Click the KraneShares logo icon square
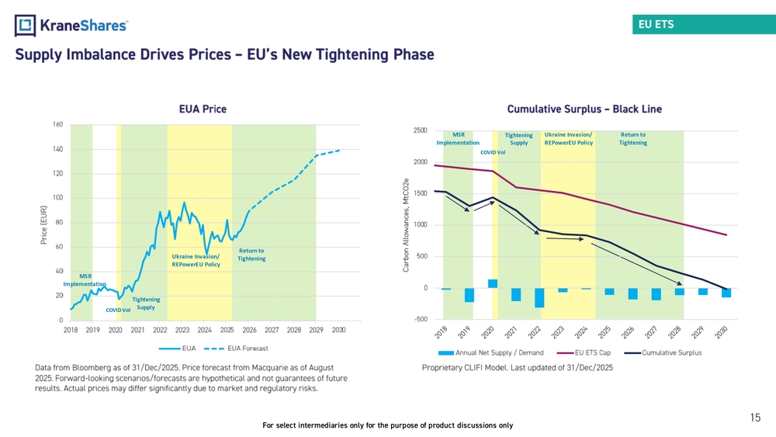[x=26, y=26]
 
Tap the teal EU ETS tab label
[x=656, y=24]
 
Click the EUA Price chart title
[x=203, y=109]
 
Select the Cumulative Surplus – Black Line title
[x=584, y=109]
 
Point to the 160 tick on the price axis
[x=58, y=124]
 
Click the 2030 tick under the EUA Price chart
[x=338, y=330]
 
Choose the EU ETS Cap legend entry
[x=584, y=353]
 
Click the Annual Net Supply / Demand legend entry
[x=491, y=353]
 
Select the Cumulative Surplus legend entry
[x=663, y=353]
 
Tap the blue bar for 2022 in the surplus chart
[x=539, y=298]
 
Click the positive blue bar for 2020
[x=493, y=283]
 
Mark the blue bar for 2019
[x=469, y=295]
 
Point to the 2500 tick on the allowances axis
[x=420, y=130]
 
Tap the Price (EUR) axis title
[x=44, y=225]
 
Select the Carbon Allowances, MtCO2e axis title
[x=406, y=225]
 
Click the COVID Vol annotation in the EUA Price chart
[x=118, y=310]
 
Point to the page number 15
[x=755, y=418]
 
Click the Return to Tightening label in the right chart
[x=633, y=139]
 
